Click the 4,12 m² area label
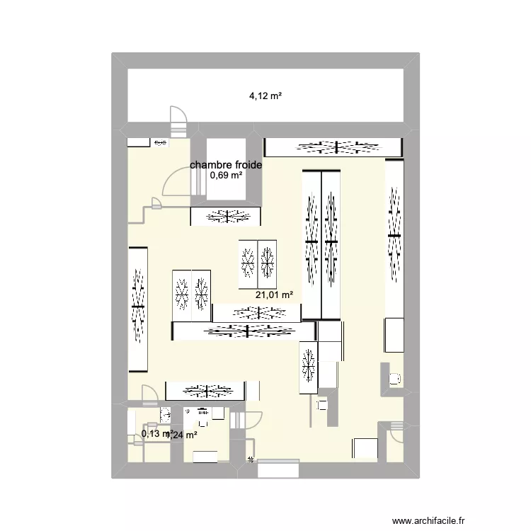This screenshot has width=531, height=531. (x=265, y=96)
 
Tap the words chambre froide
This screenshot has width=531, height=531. (x=226, y=165)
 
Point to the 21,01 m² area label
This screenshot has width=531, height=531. (x=275, y=295)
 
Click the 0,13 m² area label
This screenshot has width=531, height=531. (x=156, y=434)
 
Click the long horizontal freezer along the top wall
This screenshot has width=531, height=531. (x=333, y=147)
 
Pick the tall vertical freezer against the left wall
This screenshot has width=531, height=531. (x=138, y=309)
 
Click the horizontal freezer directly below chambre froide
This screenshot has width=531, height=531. (x=226, y=217)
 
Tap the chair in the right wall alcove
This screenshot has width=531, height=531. (x=394, y=379)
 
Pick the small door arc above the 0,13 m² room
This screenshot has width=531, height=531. (x=149, y=393)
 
